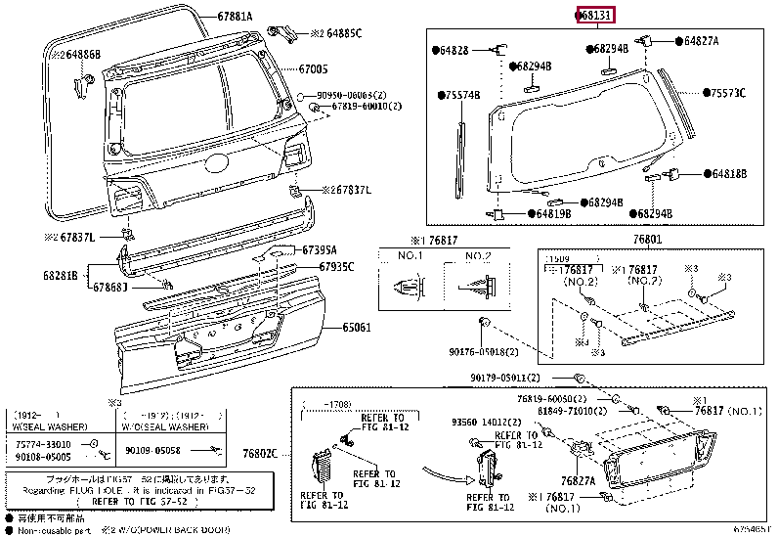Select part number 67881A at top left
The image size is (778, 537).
(x=234, y=17)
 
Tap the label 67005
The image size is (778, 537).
(x=313, y=69)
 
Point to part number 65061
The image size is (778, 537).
(x=356, y=328)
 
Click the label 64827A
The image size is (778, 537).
(x=701, y=41)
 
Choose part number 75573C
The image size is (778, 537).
(x=727, y=93)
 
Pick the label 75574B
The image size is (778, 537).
(x=462, y=96)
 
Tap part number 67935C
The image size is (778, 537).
(x=335, y=267)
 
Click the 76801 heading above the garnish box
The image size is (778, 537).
(x=646, y=238)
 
